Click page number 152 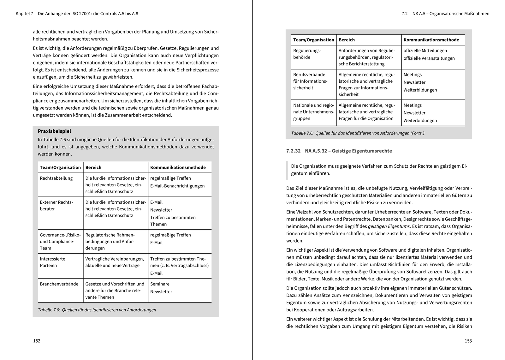pyautogui.click(x=37, y=341)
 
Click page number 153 pyautogui.click(x=468, y=341)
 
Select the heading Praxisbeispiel pyautogui.click(x=54, y=131)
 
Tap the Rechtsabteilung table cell pyautogui.click(x=56, y=178)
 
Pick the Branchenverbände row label pyautogui.click(x=59, y=284)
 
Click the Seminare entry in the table pyautogui.click(x=160, y=284)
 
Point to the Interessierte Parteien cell pyautogui.click(x=52, y=262)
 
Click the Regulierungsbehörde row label pyautogui.click(x=307, y=54)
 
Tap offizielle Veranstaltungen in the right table pyautogui.click(x=429, y=58)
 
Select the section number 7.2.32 pyautogui.click(x=293, y=151)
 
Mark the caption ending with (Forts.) pyautogui.click(x=358, y=133)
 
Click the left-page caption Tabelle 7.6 pyautogui.click(x=97, y=310)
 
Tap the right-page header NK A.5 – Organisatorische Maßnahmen pyautogui.click(x=451, y=14)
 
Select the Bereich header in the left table pyautogui.click(x=93, y=167)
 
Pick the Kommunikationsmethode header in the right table pyautogui.click(x=431, y=40)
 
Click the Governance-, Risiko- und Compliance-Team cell pyautogui.click(x=60, y=242)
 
